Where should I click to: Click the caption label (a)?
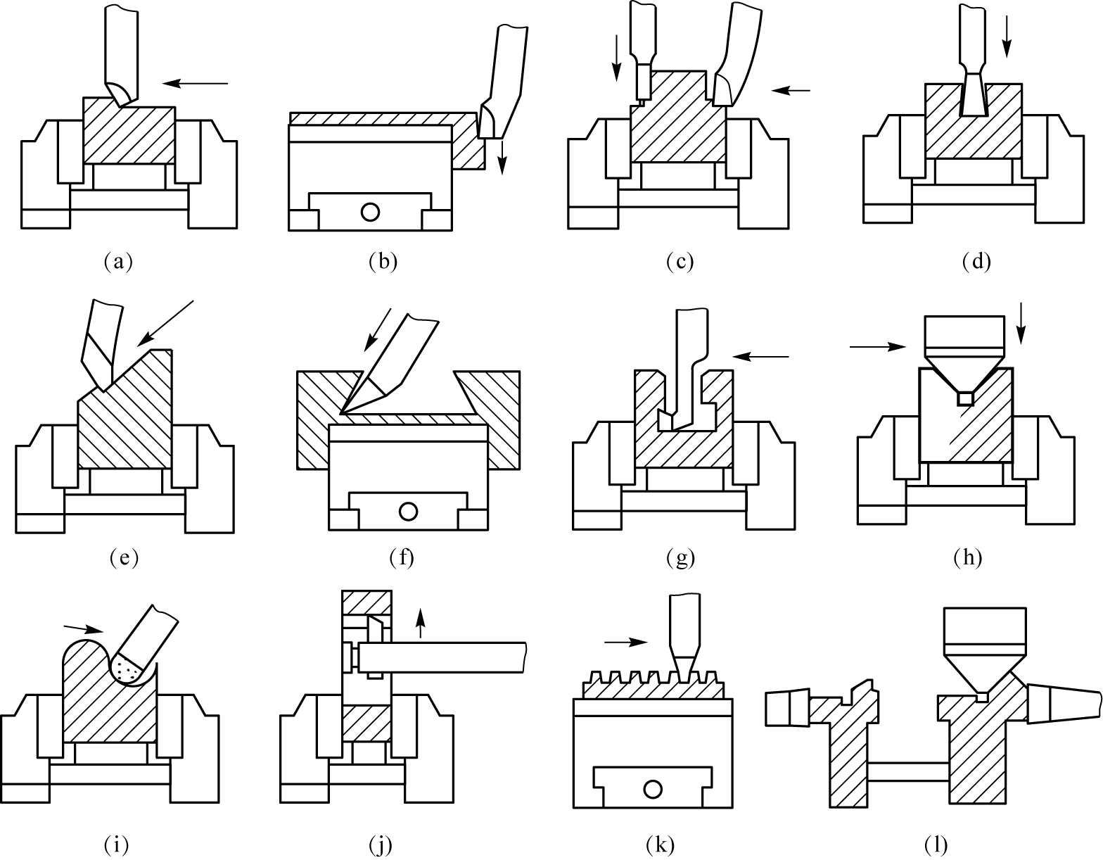coord(118,262)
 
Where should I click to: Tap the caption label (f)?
coord(402,557)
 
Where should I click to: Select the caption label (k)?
coord(660,845)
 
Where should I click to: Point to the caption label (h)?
coord(967,557)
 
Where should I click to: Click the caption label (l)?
coord(936,845)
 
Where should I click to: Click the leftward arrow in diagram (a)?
coord(196,83)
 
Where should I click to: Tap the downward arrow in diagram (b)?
coord(502,158)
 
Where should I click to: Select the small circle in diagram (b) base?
coord(370,212)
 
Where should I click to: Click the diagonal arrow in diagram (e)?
coord(165,324)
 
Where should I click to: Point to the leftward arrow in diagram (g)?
coord(761,357)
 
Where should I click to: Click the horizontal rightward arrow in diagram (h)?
coord(878,347)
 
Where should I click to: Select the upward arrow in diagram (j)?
coord(420,623)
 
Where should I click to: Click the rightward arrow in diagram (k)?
coord(626,643)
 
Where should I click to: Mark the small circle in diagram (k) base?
coord(652,789)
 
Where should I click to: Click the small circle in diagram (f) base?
coord(408,511)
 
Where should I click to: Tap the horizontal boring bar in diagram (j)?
coord(442,657)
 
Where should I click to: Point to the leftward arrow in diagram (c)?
coord(791,90)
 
